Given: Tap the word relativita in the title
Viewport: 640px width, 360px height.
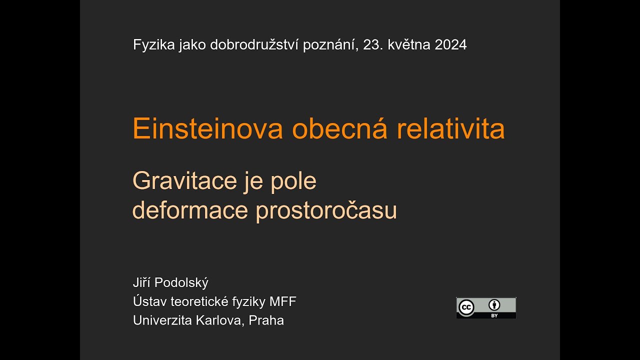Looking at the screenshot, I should click(x=450, y=129).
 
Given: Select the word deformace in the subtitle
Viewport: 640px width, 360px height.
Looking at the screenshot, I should click(x=190, y=210).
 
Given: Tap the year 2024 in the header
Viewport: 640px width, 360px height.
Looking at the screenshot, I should click(x=450, y=45).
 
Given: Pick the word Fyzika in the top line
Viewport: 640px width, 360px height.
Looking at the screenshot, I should click(x=153, y=45).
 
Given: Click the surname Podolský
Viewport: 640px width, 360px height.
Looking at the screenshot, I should click(x=181, y=283).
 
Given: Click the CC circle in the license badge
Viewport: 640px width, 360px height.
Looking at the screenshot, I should click(x=466, y=307).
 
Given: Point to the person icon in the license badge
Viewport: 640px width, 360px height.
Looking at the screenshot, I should click(x=494, y=305).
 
